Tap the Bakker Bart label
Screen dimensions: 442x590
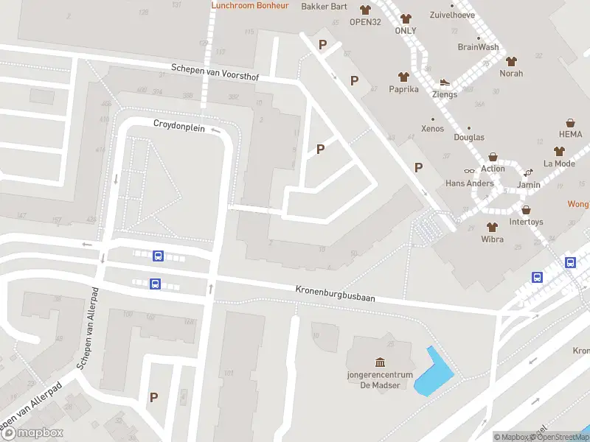point(324,7)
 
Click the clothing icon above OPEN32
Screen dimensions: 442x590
point(365,10)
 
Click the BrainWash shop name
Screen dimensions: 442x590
point(478,47)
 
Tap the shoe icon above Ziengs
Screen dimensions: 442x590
point(445,83)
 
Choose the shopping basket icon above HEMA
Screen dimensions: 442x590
point(570,123)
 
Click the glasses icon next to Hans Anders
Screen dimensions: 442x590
point(470,171)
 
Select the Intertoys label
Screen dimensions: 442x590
point(526,222)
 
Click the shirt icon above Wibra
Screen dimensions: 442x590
point(492,227)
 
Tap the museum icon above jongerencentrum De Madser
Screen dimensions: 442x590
point(380,362)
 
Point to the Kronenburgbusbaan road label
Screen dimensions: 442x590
point(336,293)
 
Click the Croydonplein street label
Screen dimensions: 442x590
point(178,125)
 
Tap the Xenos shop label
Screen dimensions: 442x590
point(432,129)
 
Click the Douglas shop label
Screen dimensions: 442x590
point(469,138)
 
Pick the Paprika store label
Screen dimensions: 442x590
point(403,89)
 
